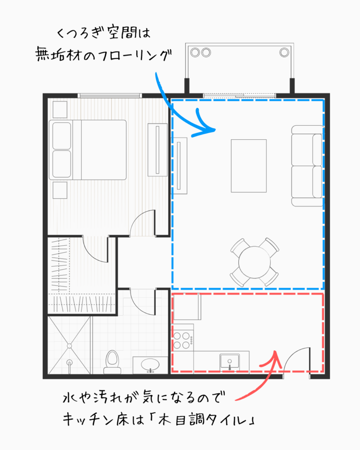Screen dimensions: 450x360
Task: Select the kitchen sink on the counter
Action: click(x=229, y=361)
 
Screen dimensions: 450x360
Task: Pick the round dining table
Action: click(x=255, y=262)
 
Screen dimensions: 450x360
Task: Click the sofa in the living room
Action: click(x=307, y=166)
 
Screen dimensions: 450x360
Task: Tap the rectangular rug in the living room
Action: click(x=249, y=166)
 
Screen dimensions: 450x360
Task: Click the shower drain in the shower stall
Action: click(x=69, y=363)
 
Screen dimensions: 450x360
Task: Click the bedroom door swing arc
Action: click(x=143, y=222)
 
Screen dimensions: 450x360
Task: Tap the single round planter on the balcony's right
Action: click(x=284, y=52)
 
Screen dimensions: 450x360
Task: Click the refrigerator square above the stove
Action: click(x=187, y=307)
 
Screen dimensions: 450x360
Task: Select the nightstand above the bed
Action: click(x=60, y=109)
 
